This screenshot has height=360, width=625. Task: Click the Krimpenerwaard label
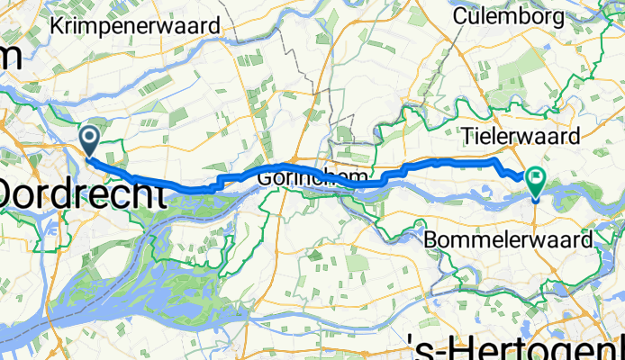(x=137, y=26)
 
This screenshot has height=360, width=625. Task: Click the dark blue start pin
(x=90, y=140)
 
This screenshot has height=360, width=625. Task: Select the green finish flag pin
(x=536, y=184)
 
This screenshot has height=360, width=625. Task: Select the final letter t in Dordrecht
(x=159, y=193)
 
